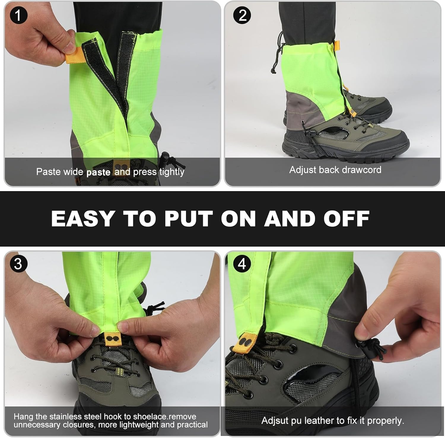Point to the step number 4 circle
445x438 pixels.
coord(242,264)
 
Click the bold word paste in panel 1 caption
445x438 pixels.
coord(98,172)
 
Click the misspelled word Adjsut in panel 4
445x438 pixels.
coord(274,420)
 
